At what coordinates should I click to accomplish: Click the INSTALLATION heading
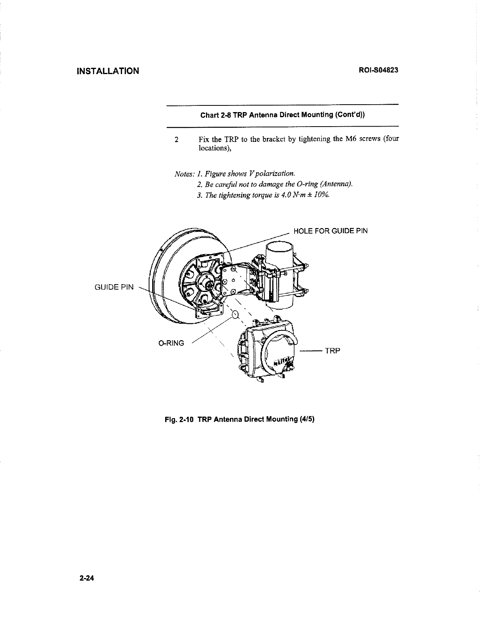[x=108, y=71]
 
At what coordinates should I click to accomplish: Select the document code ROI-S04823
[x=379, y=71]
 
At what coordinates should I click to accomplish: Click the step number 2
[x=177, y=140]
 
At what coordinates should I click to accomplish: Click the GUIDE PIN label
[x=115, y=287]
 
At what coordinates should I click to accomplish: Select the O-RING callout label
[x=171, y=343]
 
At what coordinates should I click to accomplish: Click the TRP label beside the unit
[x=332, y=351]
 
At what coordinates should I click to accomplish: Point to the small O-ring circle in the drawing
[x=235, y=314]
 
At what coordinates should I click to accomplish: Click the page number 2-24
[x=87, y=578]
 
